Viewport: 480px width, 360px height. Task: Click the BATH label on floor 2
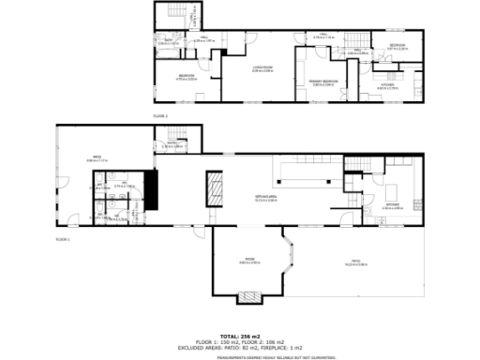pyautogui.click(x=170, y=41)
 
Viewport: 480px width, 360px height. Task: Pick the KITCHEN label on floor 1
pyautogui.click(x=392, y=205)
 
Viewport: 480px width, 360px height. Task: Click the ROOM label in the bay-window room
pyautogui.click(x=249, y=261)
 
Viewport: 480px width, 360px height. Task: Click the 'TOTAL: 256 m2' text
pyautogui.click(x=240, y=335)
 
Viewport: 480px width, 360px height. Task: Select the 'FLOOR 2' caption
pyautogui.click(x=160, y=114)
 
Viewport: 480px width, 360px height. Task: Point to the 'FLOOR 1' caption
pyautogui.click(x=63, y=240)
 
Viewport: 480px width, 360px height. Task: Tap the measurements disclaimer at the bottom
pyautogui.click(x=240, y=356)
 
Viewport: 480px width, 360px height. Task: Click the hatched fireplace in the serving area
pyautogui.click(x=217, y=191)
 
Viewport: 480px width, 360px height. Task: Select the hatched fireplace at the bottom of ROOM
pyautogui.click(x=249, y=298)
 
